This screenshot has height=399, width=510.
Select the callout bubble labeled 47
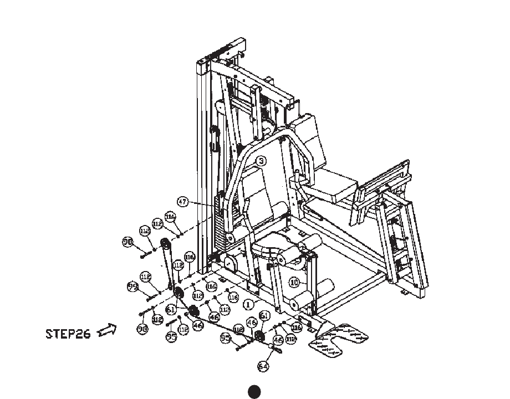(183, 202)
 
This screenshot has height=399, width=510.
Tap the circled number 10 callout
(294, 282)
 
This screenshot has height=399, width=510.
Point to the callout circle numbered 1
(249, 304)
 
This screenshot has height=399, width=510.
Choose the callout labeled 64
(263, 365)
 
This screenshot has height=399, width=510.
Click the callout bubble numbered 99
(132, 287)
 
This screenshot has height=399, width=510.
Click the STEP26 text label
(68, 334)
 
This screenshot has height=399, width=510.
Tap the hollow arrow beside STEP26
(107, 331)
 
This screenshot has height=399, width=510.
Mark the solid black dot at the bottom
(254, 391)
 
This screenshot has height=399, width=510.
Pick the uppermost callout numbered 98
(128, 242)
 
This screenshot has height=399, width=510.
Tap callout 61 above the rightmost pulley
(264, 315)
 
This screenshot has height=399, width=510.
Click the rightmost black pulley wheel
(259, 336)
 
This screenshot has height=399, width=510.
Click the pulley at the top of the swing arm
(165, 243)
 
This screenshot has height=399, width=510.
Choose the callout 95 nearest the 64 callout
(225, 337)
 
